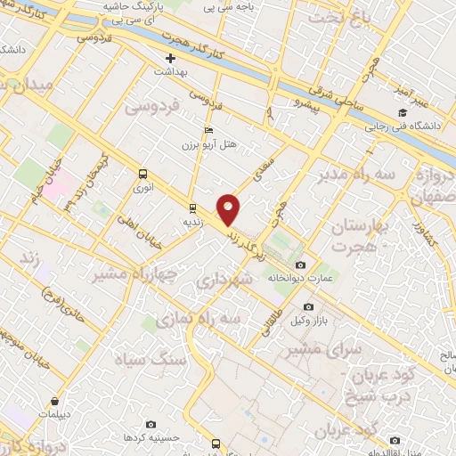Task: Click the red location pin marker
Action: [229, 208]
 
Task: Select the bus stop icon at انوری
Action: [143, 175]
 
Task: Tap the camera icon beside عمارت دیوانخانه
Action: [299, 265]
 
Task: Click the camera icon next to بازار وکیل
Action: [309, 307]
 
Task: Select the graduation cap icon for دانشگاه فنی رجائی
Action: [403, 112]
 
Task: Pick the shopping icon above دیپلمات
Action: [55, 402]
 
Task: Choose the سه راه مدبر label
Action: [353, 175]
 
